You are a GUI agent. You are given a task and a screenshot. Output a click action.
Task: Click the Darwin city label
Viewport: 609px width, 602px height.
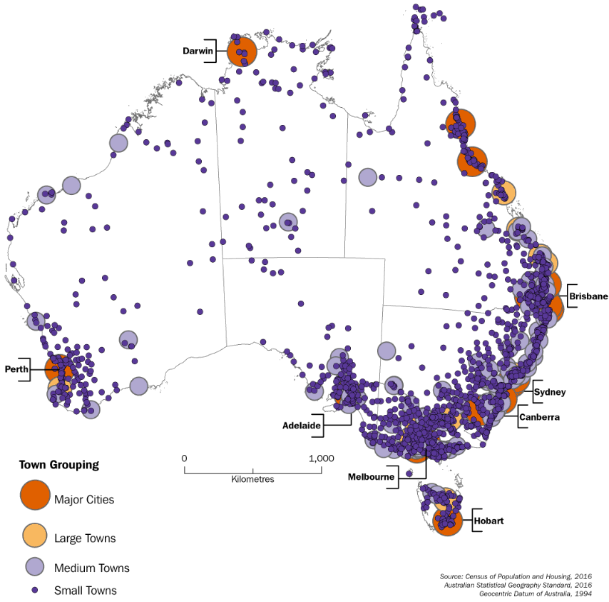pos(198,51)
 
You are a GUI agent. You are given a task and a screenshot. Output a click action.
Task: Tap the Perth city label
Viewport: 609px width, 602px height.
pos(16,369)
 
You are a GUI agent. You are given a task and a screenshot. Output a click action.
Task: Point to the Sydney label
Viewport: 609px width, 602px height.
pos(551,392)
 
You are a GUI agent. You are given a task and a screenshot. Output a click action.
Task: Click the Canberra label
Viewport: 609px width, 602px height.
pos(539,416)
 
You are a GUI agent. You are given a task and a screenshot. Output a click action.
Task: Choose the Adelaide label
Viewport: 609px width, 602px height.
pos(300,424)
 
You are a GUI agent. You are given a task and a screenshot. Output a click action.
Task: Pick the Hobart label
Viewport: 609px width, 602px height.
pos(488,521)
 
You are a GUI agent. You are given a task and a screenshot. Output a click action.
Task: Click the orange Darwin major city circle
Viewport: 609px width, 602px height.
pos(242,52)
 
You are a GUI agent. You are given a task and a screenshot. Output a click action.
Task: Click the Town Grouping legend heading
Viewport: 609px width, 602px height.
pos(58,465)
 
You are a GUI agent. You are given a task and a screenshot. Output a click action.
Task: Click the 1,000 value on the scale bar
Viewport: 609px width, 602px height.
pos(322,458)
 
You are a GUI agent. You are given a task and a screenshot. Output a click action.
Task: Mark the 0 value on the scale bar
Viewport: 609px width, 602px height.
pos(184,458)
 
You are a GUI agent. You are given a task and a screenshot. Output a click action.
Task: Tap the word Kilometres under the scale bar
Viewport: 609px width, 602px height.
pos(252,479)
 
